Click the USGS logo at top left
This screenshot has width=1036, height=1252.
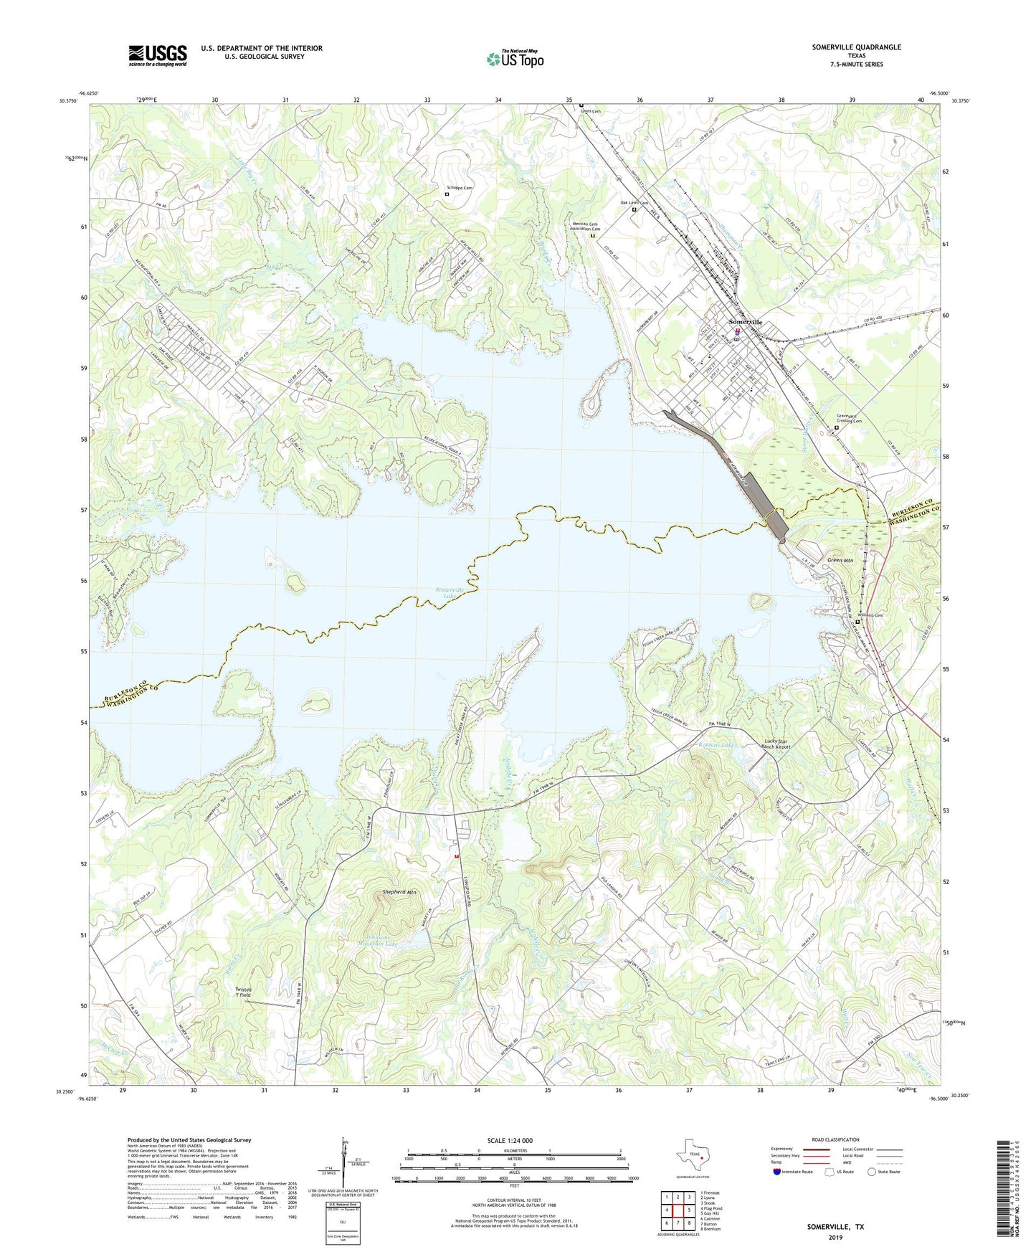(x=158, y=55)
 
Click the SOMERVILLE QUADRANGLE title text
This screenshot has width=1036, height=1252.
(x=856, y=47)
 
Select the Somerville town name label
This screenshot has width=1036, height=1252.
(x=745, y=322)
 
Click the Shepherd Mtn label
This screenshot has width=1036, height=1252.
(x=399, y=892)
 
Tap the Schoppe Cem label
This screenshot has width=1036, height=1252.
(x=459, y=188)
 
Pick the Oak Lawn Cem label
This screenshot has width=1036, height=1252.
(x=634, y=203)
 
